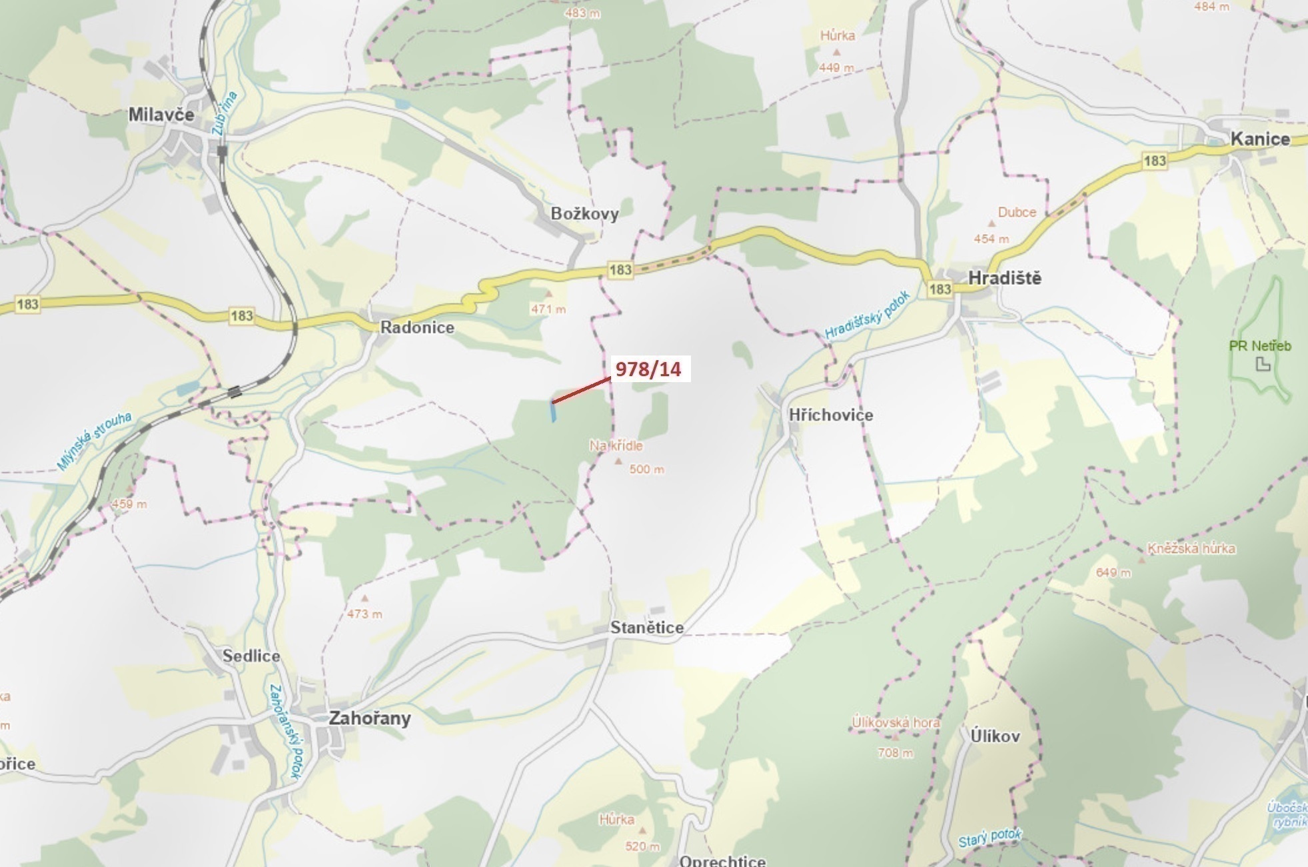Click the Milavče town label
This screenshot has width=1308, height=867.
pos(161,115)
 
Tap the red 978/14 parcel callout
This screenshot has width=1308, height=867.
pos(648,369)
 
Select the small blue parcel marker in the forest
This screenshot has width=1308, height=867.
pos(553,411)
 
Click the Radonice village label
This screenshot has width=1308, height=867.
pos(417,327)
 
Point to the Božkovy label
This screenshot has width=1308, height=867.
pos(584,214)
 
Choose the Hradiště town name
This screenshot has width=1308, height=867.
pos(1004,278)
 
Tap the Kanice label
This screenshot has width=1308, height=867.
pos(1260,139)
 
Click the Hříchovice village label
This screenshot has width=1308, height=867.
pos(830,415)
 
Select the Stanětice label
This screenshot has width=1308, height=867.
pos(646,628)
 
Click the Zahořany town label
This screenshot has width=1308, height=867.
pos(370,718)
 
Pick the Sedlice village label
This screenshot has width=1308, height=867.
pos(251,656)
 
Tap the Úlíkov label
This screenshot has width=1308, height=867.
pos(995,736)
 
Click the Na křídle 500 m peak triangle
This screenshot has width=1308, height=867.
pos(618,461)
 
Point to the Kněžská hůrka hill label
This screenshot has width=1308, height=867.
pos(1191,549)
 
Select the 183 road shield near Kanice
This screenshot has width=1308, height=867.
pos(1154,161)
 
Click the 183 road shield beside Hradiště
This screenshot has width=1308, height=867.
pos(940,289)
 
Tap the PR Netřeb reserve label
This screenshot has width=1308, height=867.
pos(1259,346)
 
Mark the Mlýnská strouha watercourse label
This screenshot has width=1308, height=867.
pos(95,441)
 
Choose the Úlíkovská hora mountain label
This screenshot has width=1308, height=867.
pos(896,722)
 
